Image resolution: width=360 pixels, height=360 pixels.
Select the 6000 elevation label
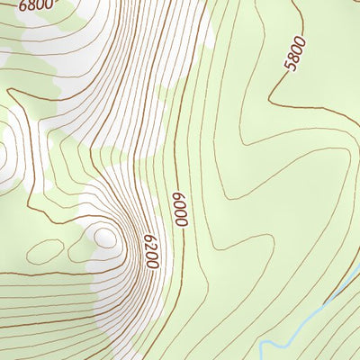[181, 207]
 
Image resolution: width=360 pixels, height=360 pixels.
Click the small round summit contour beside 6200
[106, 238]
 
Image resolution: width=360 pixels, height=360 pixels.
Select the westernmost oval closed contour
[40, 248]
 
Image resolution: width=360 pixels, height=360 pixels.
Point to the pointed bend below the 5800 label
[271, 95]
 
